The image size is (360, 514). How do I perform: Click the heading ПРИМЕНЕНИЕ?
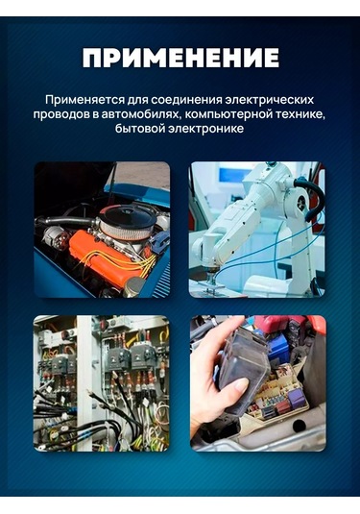coord(180,59)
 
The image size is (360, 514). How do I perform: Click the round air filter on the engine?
coord(128,223)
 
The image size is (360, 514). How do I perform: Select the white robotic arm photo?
coord(257,230)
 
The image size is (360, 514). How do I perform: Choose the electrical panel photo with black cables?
coord(102,383)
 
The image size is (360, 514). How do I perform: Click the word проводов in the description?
coord(63,114)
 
